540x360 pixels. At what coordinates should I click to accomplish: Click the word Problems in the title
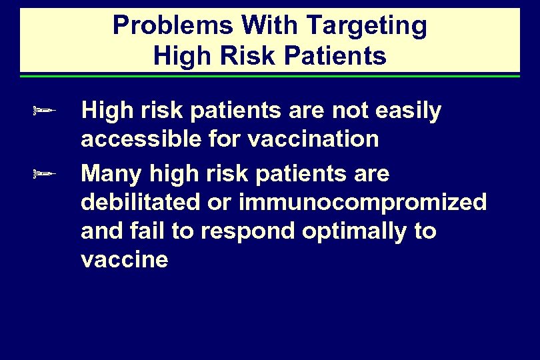173,25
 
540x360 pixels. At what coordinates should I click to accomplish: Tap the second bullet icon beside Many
43,174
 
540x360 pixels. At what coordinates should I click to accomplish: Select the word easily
408,112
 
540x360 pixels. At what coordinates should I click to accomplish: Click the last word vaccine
124,260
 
